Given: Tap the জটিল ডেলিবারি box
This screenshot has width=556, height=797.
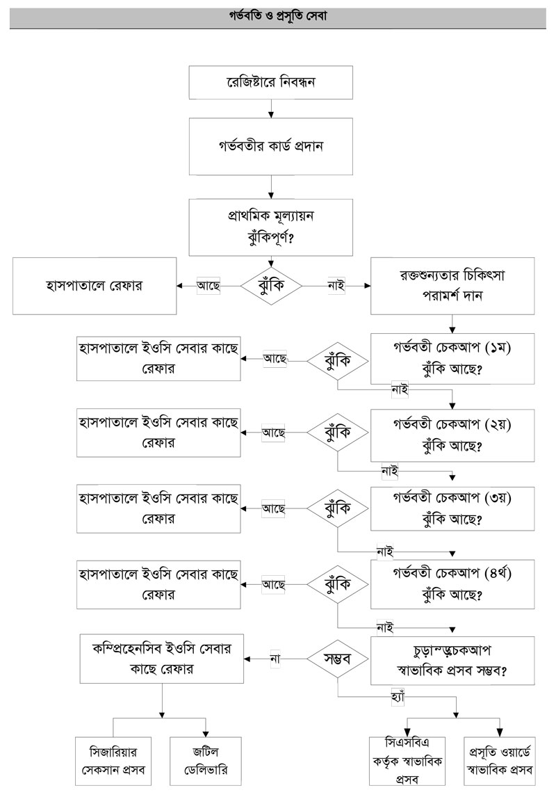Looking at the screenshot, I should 206,760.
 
